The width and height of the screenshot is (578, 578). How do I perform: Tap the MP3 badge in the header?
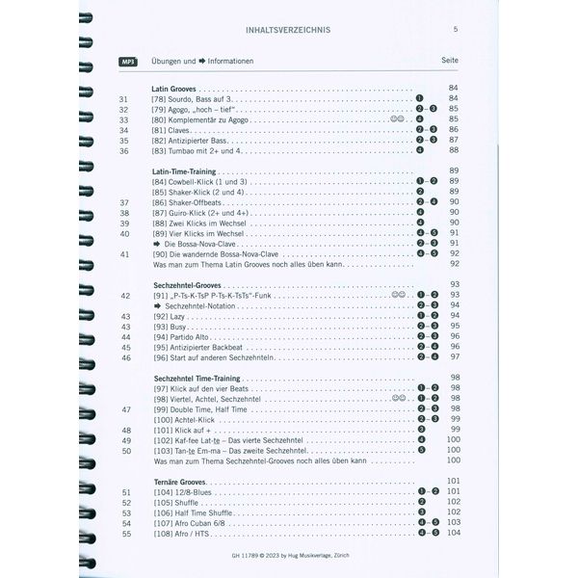[x=127, y=61]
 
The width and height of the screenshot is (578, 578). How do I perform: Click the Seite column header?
[x=449, y=61]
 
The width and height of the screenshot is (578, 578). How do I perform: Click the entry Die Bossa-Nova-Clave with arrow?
[x=201, y=244]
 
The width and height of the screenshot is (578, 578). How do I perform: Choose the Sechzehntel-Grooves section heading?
[x=193, y=285]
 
